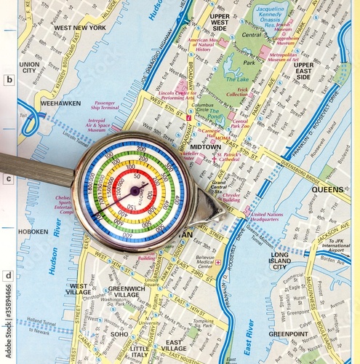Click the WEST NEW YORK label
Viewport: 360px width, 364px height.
pyautogui.click(x=80, y=28)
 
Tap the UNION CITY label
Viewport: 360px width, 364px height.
pyautogui.click(x=30, y=68)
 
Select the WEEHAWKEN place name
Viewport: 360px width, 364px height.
pyautogui.click(x=60, y=103)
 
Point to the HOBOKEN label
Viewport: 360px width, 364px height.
pyautogui.click(x=33, y=232)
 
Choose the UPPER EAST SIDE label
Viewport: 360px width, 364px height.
pyautogui.click(x=303, y=71)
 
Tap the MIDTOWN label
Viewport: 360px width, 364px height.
pyautogui.click(x=206, y=146)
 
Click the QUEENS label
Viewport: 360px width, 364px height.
pyautogui.click(x=327, y=189)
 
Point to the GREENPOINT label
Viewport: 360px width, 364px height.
pyautogui.click(x=288, y=334)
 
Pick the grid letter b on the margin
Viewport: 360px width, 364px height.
pyautogui.click(x=9, y=80)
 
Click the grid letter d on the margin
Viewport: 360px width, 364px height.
pyautogui.click(x=9, y=275)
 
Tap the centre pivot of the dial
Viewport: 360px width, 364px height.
pyautogui.click(x=135, y=191)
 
